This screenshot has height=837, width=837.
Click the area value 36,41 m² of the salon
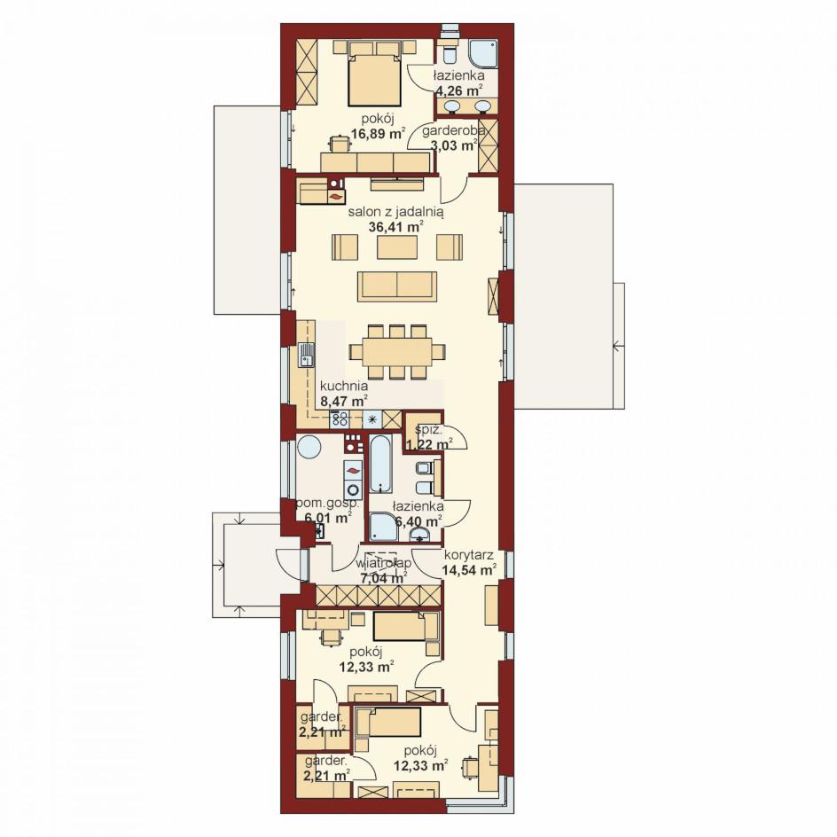click(395, 226)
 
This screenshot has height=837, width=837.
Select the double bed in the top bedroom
click(373, 74)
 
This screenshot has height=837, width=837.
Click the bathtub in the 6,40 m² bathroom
click(381, 464)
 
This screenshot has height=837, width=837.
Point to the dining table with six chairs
click(398, 352)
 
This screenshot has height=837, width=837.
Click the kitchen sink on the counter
click(306, 356)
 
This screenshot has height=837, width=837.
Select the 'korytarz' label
click(468, 555)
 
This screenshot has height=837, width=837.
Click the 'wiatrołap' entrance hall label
click(383, 563)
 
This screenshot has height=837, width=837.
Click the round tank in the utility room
click(309, 446)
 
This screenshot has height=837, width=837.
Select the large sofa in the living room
click(398, 285)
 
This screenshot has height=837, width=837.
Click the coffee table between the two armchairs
click(397, 246)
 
